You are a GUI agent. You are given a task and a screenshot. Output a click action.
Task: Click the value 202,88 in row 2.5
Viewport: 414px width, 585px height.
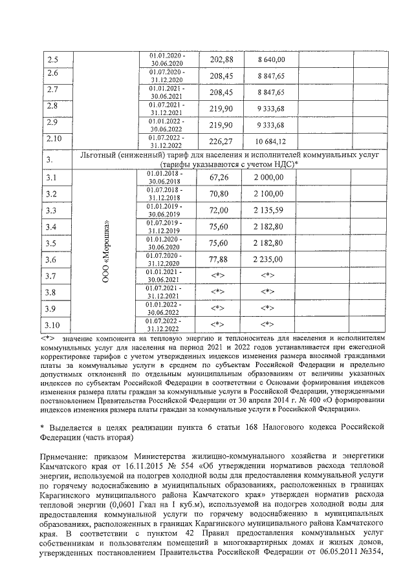222,59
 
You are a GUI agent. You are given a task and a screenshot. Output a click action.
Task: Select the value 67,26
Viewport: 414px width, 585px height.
222,178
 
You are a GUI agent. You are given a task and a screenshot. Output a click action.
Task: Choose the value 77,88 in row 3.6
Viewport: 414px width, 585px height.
222,259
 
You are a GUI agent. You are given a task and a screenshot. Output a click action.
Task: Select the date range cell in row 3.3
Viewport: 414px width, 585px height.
166,210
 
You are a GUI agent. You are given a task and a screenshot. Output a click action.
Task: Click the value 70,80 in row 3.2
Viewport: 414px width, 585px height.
222,194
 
